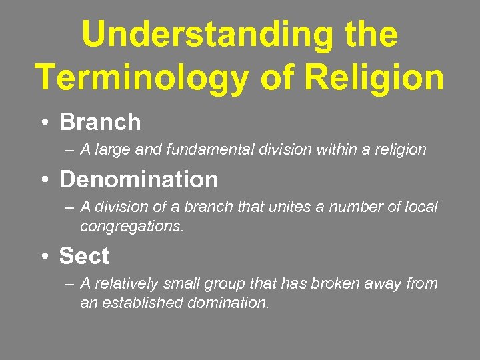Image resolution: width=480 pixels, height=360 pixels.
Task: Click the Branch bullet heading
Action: [100, 122]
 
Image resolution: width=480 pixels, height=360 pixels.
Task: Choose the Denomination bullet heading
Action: [139, 179]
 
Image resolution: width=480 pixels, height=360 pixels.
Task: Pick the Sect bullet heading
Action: [84, 256]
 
